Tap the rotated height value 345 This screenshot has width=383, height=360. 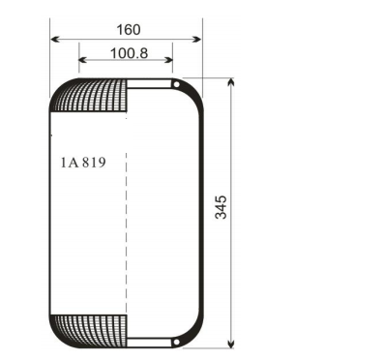click(x=221, y=207)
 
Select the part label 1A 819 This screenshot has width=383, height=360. click(x=82, y=163)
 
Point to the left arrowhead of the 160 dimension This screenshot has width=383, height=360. click(x=54, y=40)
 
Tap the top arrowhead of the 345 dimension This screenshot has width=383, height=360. click(x=231, y=83)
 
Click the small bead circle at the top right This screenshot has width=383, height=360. click(x=176, y=84)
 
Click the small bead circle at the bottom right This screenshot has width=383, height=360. click(x=176, y=342)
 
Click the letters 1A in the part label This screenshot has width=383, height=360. click(x=68, y=163)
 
